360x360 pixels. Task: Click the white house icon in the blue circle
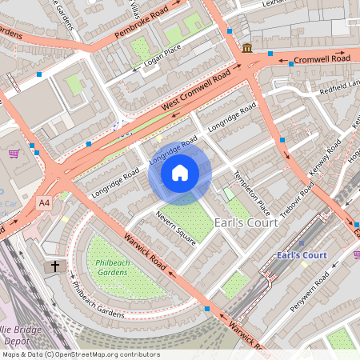coord(180,172)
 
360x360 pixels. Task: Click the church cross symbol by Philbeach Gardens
coord(55,266)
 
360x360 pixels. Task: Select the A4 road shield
coord(44,202)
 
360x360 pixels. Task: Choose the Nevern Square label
coord(176,228)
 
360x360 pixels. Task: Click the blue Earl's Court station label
coord(301,255)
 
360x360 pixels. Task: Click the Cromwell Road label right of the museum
coord(322,59)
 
